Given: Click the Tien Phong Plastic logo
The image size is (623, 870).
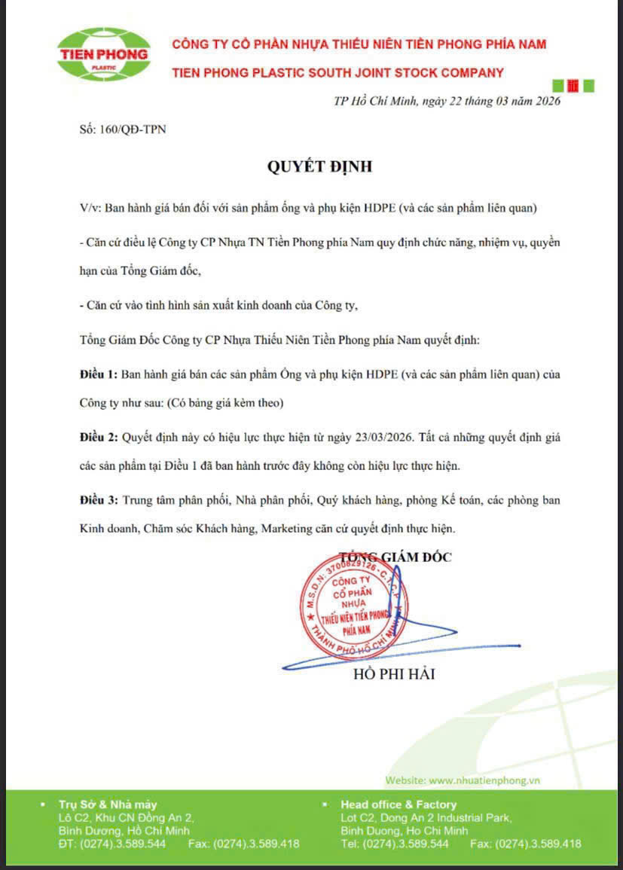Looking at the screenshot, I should [103, 54].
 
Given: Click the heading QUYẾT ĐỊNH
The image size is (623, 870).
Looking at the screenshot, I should [319, 166].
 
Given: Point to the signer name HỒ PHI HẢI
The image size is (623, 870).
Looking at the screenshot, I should [394, 674].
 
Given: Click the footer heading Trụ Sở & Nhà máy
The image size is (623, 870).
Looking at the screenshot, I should [108, 804].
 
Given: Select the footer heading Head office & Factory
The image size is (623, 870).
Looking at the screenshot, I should [399, 804].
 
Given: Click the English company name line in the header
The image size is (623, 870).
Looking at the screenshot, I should [337, 72].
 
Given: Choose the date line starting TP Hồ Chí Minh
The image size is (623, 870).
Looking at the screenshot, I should [447, 102].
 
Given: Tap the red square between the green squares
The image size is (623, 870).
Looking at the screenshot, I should [573, 86].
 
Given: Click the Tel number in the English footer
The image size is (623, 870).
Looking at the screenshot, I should [405, 844].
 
